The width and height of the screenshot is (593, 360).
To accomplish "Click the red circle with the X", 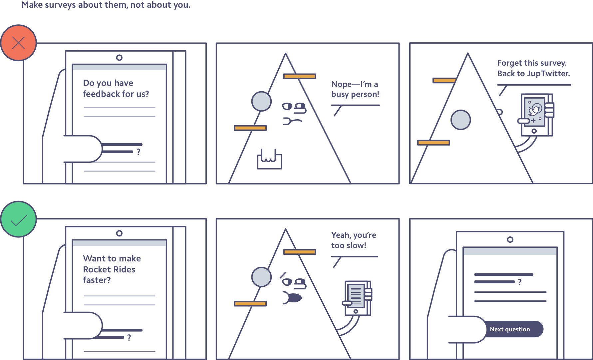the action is point(18,43).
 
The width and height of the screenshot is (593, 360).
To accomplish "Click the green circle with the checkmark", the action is point(18,219).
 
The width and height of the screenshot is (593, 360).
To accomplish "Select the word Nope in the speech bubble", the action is point(342,85).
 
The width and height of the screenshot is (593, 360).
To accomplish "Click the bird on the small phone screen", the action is point(535,110).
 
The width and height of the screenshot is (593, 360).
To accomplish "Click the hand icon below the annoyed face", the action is point(269,159).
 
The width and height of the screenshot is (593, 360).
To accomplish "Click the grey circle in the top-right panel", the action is point(460,120).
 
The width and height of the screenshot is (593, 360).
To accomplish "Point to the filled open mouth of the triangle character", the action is point(293,298).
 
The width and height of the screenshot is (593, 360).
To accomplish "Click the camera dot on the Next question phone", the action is point(510,239).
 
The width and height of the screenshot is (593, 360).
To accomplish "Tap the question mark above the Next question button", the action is point(519,282).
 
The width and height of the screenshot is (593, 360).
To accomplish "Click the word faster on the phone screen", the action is point(97,280).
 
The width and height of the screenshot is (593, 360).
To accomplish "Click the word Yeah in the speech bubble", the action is point(341,235).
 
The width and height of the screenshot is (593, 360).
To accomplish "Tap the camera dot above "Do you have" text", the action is point(119,58).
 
